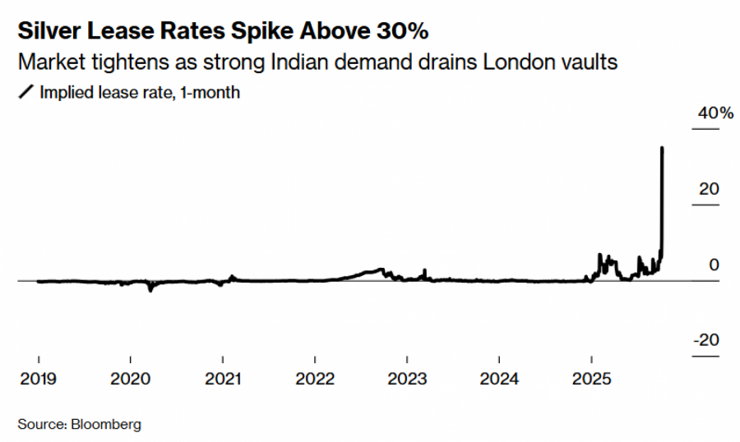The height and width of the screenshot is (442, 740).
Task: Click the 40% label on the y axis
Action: click(715, 113)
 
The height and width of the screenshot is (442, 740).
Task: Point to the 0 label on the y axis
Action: click(714, 265)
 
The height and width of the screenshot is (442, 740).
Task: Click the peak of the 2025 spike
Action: click(663, 148)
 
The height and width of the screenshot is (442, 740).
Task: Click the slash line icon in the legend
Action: click(25, 92)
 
